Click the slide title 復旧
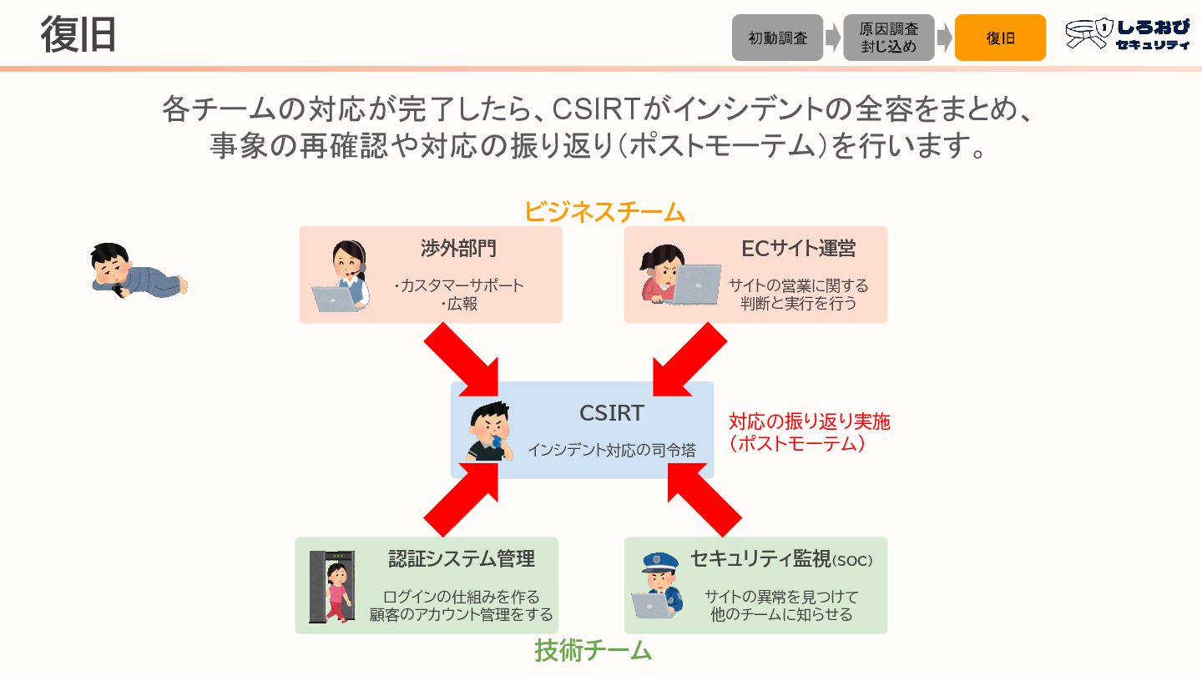click(78, 34)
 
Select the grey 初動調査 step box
click(777, 38)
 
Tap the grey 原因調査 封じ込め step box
click(888, 38)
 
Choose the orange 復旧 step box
click(1000, 38)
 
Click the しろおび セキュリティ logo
click(1128, 35)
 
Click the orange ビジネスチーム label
click(604, 212)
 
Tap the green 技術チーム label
click(593, 650)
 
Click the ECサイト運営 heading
click(798, 249)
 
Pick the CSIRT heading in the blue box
click(612, 413)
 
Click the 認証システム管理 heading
click(461, 559)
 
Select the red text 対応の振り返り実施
click(809, 421)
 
